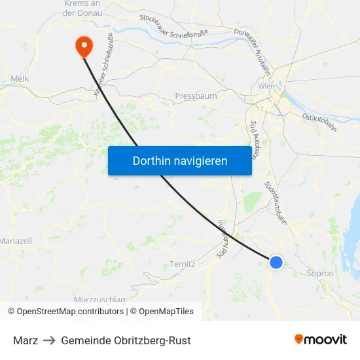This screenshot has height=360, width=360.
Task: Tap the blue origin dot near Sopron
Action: click(x=276, y=262)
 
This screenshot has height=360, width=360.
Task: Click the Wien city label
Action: click(x=266, y=86)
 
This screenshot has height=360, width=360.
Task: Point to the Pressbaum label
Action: click(x=196, y=96)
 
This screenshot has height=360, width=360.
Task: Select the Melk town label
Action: click(x=20, y=79)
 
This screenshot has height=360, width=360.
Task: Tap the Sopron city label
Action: click(x=320, y=274)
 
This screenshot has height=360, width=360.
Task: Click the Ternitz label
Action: click(x=182, y=264)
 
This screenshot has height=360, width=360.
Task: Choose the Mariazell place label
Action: click(x=16, y=241)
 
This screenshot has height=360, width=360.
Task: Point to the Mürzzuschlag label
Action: click(x=100, y=300)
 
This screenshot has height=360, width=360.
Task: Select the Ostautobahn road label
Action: click(x=319, y=122)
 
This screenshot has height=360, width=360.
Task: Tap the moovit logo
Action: click(x=321, y=340)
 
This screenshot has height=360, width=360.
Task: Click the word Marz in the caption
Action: click(x=25, y=340)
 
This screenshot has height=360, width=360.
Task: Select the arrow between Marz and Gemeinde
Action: click(x=49, y=340)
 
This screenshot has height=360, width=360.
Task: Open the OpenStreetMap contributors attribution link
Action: click(x=69, y=312)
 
